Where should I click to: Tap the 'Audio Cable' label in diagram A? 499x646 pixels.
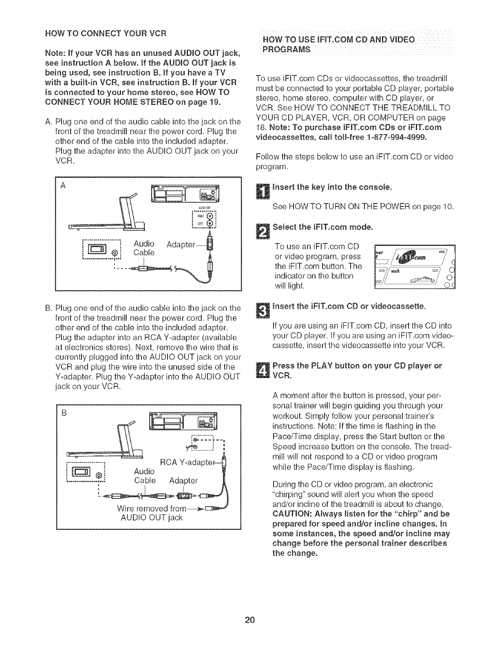click(144, 248)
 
